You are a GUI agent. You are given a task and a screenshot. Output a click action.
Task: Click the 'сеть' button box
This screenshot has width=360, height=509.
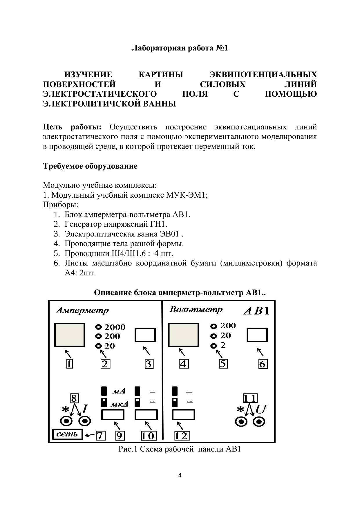click(x=67, y=434)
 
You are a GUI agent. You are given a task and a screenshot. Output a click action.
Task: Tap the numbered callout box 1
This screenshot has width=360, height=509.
click(x=69, y=364)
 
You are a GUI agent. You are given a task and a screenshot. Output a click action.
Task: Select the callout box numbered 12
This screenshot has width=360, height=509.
click(x=182, y=436)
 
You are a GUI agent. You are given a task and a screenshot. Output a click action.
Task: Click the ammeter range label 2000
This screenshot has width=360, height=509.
click(x=115, y=327)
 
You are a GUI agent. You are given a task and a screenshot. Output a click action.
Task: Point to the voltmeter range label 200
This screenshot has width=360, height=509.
click(x=228, y=326)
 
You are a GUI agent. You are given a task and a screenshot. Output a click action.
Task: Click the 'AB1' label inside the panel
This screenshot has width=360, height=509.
click(x=256, y=311)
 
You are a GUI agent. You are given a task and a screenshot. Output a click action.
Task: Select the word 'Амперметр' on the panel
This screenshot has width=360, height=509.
click(x=82, y=310)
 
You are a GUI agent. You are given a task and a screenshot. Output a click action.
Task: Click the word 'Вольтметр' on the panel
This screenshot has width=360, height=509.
click(x=196, y=309)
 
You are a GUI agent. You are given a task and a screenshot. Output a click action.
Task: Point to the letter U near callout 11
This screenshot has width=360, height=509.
click(x=261, y=409)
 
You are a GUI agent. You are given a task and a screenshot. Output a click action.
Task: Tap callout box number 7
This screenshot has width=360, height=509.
click(x=100, y=436)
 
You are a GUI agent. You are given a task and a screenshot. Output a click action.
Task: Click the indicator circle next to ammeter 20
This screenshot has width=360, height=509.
click(x=99, y=346)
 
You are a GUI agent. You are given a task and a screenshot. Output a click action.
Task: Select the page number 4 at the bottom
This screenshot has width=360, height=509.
click(x=180, y=475)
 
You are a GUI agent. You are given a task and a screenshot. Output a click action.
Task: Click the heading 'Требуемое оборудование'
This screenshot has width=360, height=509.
click(x=90, y=166)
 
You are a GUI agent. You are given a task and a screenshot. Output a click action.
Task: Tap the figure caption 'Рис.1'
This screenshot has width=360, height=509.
click(x=128, y=449)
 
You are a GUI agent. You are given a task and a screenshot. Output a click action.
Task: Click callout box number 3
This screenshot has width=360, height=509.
click(x=149, y=364)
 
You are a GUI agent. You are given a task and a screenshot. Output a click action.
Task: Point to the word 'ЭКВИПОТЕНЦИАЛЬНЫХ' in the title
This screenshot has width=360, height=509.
click(x=263, y=75)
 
